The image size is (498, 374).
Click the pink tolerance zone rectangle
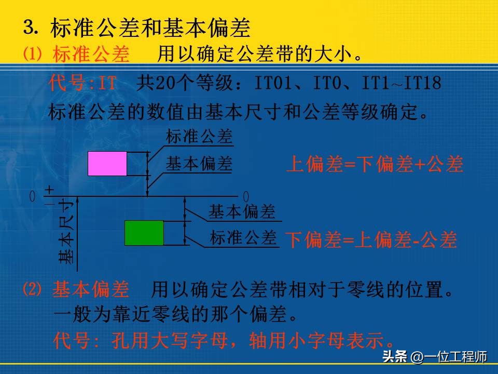(107, 164)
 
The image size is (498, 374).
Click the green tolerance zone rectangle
(144, 233)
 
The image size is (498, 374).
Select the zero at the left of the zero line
(32, 196)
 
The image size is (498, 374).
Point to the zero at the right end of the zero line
(246, 197)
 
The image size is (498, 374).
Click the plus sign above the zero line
(49, 190)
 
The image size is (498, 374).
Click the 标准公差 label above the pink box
(199, 137)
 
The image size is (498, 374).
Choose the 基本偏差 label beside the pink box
(199, 164)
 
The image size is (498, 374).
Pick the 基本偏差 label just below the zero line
(242, 211)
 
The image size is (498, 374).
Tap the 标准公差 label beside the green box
(243, 238)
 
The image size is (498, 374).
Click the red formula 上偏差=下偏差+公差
(375, 165)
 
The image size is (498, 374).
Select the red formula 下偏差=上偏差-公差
(371, 240)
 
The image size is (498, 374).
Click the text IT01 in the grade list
(273, 83)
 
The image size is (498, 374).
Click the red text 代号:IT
(82, 83)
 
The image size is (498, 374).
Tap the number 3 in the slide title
(29, 27)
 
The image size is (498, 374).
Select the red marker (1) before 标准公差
(32, 54)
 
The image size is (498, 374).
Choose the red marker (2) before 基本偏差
(32, 289)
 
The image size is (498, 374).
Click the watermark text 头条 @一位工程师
(435, 356)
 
